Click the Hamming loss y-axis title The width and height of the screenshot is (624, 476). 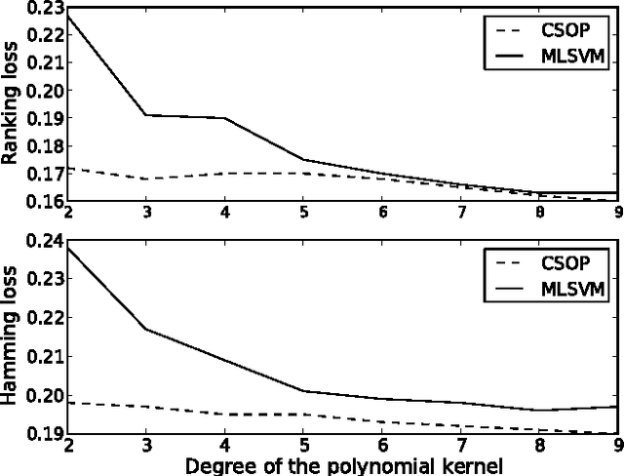click(13, 336)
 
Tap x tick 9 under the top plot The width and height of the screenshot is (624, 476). click(616, 211)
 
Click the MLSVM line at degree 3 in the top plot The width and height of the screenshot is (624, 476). click(146, 115)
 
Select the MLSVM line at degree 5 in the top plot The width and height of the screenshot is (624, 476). click(304, 159)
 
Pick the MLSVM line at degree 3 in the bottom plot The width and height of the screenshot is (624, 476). click(146, 329)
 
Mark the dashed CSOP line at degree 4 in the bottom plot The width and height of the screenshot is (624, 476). click(225, 415)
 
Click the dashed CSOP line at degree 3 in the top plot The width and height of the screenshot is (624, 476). click(146, 178)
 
